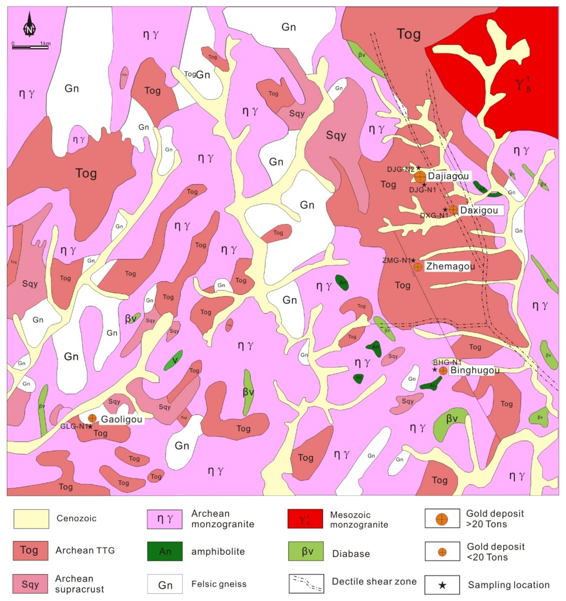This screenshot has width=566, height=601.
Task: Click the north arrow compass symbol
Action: [29, 25]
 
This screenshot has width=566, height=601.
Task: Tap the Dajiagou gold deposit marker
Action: [420, 177]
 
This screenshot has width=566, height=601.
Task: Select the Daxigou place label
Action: [479, 210]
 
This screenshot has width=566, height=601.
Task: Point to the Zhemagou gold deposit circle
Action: [418, 267]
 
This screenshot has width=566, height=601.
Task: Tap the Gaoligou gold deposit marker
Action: [92, 418]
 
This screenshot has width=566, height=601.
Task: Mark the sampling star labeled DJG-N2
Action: [419, 167]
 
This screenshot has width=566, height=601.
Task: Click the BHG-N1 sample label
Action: [447, 362]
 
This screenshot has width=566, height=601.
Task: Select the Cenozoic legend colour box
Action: [31, 519]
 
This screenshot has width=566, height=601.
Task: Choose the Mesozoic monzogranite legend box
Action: [305, 519]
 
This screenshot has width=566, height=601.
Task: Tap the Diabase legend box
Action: [306, 551]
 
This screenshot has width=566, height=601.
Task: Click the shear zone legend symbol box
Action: [306, 584]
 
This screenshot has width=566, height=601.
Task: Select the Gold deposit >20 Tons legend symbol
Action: [442, 519]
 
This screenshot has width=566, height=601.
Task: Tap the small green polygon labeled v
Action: [173, 360]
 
